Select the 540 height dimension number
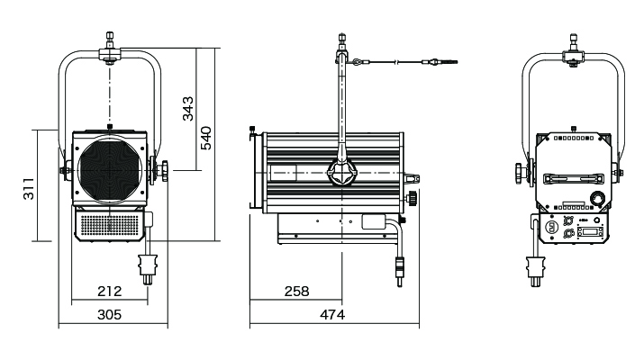[x=206, y=137]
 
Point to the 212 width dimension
[x=110, y=291]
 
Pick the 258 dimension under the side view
[x=295, y=291]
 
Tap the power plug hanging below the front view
[x=147, y=267]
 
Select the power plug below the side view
[x=400, y=267]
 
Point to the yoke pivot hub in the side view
[x=342, y=174]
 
